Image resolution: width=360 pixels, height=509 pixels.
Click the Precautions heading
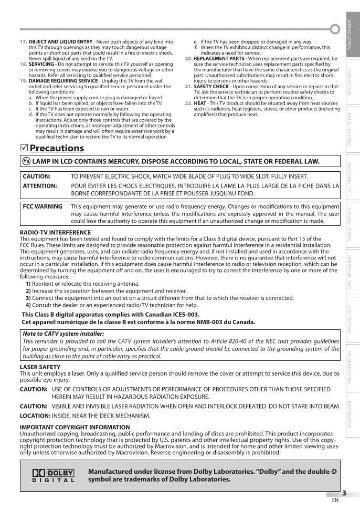tap(57, 148)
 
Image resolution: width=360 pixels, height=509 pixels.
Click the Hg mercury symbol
tap(26, 162)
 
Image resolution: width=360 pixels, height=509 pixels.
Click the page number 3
tap(344, 493)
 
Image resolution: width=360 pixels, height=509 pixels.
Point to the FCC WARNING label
tap(43, 206)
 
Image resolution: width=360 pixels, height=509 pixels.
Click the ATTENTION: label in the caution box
tap(40, 185)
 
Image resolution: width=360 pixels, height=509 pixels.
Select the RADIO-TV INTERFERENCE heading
tap(48, 232)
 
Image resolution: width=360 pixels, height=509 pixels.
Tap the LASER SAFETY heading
tap(40, 367)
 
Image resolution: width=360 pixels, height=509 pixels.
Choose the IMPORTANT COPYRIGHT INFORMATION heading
tap(75, 427)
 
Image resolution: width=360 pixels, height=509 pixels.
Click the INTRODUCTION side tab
tap(349, 34)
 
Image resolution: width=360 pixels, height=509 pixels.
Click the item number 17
tap(24, 41)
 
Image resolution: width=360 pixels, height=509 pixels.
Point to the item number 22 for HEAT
tap(189, 103)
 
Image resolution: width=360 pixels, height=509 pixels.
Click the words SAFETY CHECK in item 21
tap(211, 86)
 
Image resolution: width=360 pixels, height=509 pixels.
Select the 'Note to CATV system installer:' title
tap(63, 334)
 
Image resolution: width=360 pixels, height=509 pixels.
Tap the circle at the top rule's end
tap(335, 29)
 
